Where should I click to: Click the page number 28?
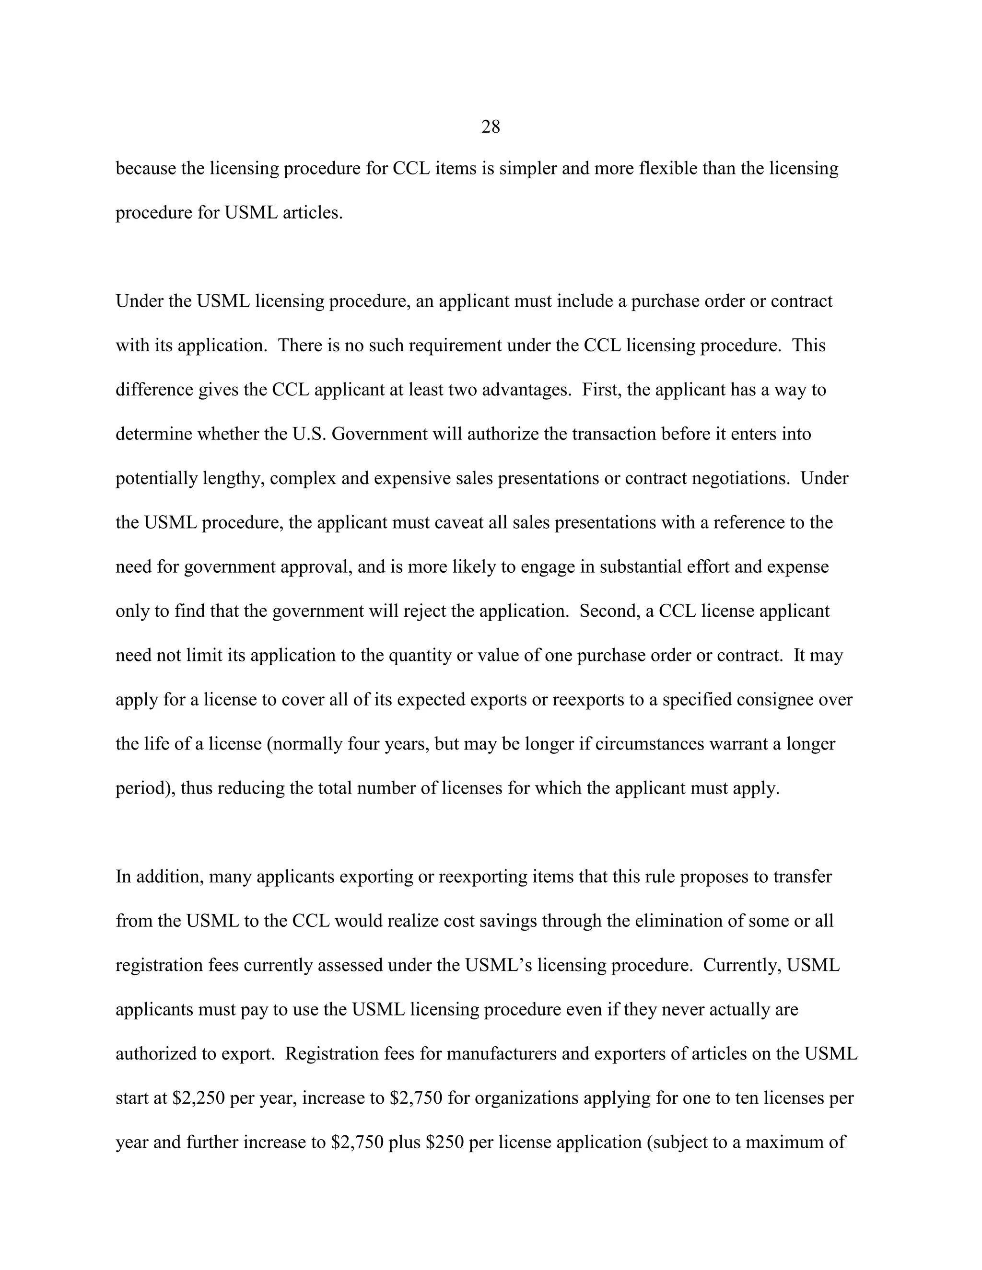491,127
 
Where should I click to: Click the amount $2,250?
199,1098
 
